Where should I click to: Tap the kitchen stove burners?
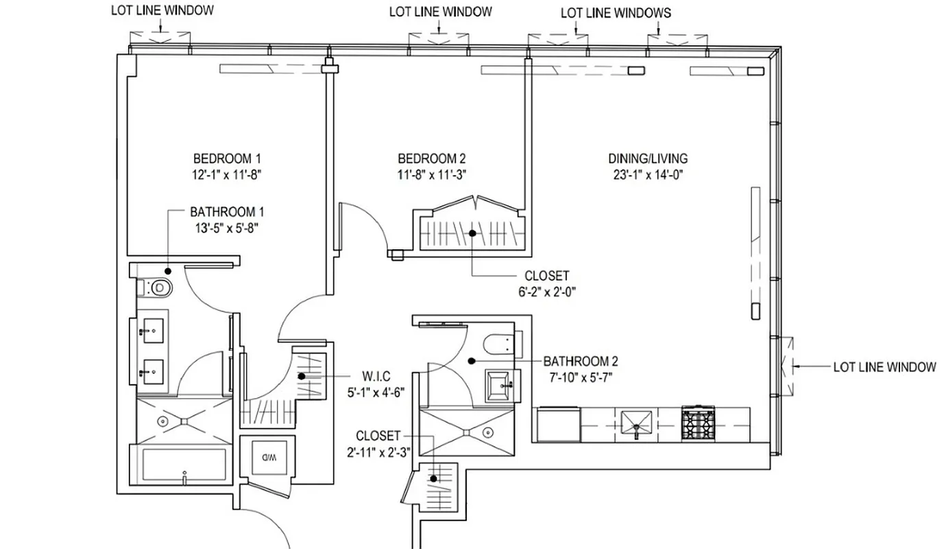(x=698, y=423)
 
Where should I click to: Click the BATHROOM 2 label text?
(x=581, y=361)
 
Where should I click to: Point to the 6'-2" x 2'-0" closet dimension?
(x=546, y=291)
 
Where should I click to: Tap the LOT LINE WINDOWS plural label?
(x=616, y=13)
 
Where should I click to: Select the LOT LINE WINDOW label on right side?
(x=884, y=367)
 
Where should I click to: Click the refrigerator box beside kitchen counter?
(x=556, y=425)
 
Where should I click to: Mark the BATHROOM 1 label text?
(x=227, y=212)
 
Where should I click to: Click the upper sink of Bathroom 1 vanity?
(x=151, y=330)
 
